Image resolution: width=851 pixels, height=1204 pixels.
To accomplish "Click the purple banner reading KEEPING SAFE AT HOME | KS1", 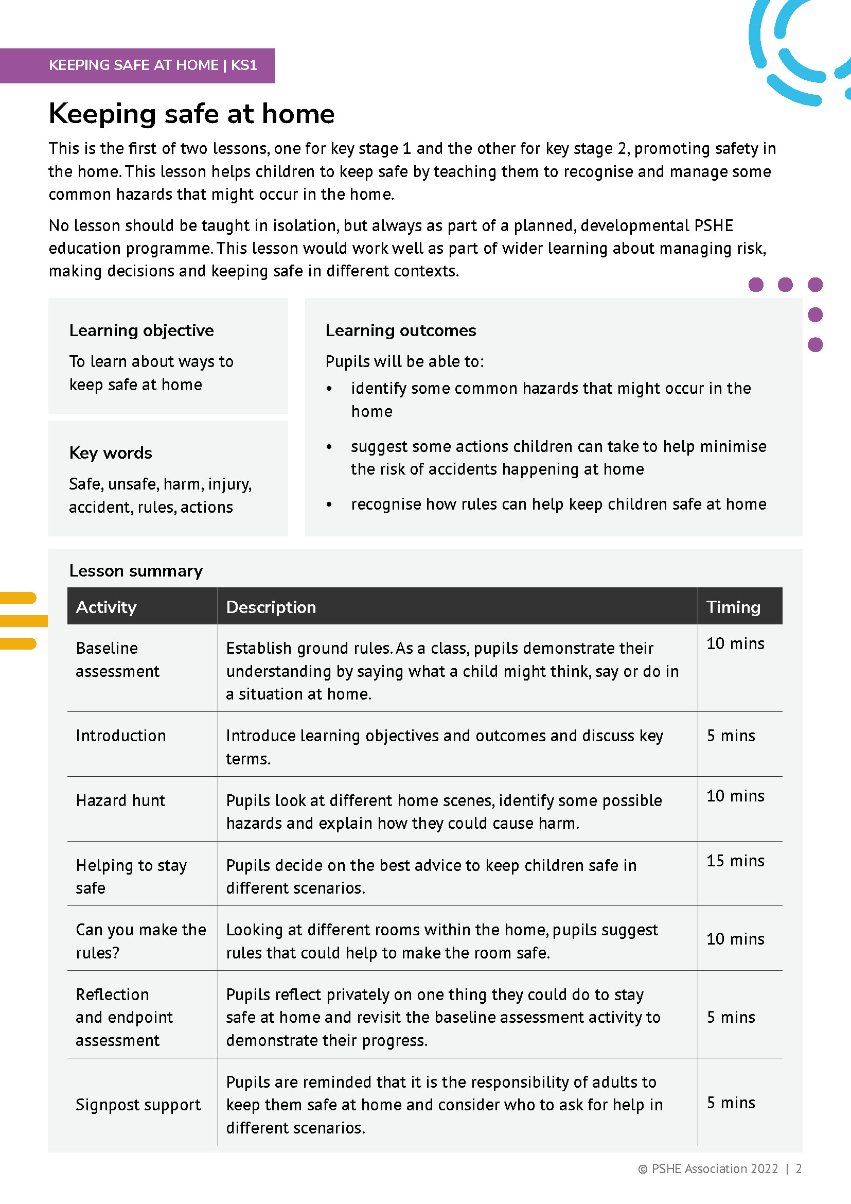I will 152,65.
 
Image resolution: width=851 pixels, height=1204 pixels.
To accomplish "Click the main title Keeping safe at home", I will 192,114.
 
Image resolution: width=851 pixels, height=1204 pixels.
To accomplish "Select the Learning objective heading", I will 141,330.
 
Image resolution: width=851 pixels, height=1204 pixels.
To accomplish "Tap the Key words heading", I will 111,452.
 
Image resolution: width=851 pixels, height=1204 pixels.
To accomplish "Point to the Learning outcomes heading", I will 400,330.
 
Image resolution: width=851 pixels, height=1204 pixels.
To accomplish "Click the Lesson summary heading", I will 136,570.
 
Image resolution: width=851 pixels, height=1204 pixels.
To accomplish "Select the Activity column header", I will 106,607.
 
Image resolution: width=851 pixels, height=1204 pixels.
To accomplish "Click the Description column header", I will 271,607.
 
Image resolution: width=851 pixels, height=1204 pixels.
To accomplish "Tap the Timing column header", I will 733,607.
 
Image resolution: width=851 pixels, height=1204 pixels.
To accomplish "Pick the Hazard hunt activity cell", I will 120,800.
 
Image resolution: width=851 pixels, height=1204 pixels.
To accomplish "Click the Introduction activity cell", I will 120,736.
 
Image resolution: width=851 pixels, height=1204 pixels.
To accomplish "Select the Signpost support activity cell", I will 138,1104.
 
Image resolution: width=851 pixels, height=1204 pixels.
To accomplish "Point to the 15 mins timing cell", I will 735,861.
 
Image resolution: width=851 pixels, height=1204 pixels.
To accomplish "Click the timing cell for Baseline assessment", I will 735,643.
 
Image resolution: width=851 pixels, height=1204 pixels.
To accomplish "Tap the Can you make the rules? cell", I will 140,941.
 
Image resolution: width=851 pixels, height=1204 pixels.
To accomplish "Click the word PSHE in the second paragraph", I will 713,225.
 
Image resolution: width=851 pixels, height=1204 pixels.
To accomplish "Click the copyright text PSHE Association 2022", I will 714,1168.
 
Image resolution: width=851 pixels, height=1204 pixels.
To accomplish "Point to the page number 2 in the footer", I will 799,1168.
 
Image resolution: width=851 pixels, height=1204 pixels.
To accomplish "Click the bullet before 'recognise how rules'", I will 329,504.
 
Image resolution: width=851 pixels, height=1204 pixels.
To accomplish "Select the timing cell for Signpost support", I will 731,1102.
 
